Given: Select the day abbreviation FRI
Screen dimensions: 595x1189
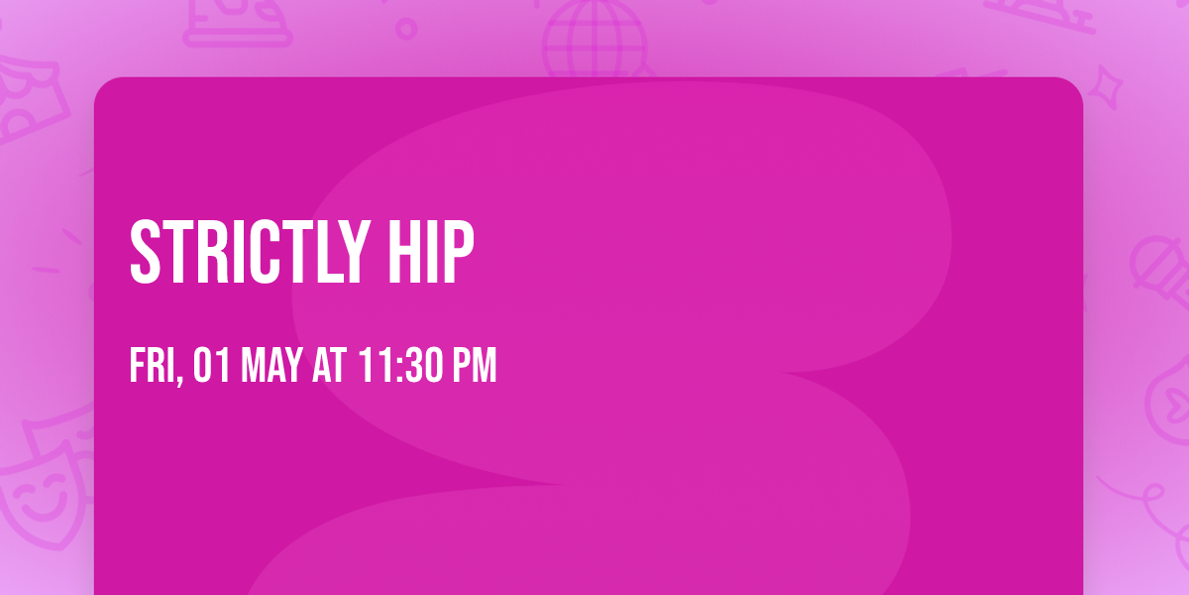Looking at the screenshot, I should [154, 366].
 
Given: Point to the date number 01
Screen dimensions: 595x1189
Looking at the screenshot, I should [212, 366].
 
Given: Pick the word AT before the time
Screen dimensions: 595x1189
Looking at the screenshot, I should [329, 366].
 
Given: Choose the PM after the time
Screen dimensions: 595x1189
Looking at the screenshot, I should [475, 366].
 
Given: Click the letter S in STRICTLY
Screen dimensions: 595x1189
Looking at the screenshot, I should [146, 253].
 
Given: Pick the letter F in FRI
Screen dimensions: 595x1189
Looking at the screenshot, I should [137, 366].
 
